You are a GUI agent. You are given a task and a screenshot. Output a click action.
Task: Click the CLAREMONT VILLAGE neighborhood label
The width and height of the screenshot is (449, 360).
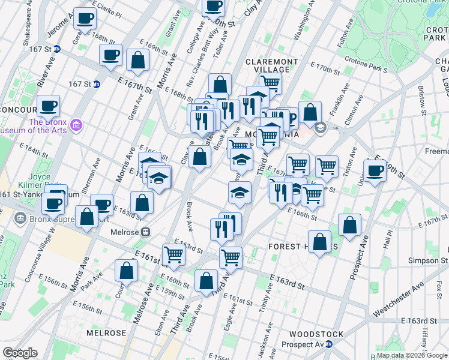[x=272, y=65]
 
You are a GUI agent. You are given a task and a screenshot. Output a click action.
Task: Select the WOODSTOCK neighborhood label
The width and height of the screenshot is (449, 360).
[x=316, y=334]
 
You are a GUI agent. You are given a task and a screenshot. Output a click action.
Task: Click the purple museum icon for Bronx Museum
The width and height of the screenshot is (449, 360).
[x=76, y=125]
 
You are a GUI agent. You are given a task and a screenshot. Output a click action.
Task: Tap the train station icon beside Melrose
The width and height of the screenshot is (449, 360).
[x=145, y=232]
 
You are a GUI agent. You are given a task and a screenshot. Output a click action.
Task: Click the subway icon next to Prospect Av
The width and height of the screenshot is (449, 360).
[x=328, y=344]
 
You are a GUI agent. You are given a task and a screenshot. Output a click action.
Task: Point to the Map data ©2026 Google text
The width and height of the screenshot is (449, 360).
[x=412, y=355]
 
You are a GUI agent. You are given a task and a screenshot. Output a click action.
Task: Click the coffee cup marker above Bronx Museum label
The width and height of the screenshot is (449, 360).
[x=48, y=106]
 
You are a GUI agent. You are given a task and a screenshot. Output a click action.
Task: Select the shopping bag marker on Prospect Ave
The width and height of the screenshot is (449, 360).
[x=349, y=225]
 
